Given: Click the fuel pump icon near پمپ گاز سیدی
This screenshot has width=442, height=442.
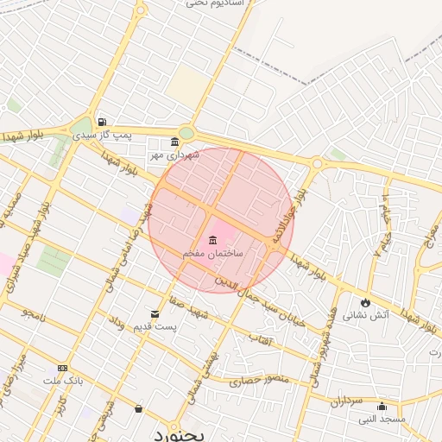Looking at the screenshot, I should click(103, 122).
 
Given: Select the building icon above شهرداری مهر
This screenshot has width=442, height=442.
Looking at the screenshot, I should click(175, 142).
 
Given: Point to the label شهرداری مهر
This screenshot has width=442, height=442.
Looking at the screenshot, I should click(174, 155).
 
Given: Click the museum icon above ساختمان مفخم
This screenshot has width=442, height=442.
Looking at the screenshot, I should click(212, 240).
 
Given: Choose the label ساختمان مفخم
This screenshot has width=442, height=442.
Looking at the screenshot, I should click(212, 255).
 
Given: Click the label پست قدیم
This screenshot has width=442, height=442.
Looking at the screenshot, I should click(156, 326).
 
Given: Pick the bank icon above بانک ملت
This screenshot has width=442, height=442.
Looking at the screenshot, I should click(61, 367).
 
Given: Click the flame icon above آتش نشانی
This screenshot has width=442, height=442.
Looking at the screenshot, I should click(366, 302).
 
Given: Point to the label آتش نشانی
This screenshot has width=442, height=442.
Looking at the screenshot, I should click(366, 316).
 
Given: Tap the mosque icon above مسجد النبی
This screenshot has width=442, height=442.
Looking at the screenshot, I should click(382, 407).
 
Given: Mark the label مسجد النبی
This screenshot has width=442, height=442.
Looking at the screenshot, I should click(382, 420).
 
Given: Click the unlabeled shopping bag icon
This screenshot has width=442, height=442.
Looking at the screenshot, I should click(138, 408).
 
